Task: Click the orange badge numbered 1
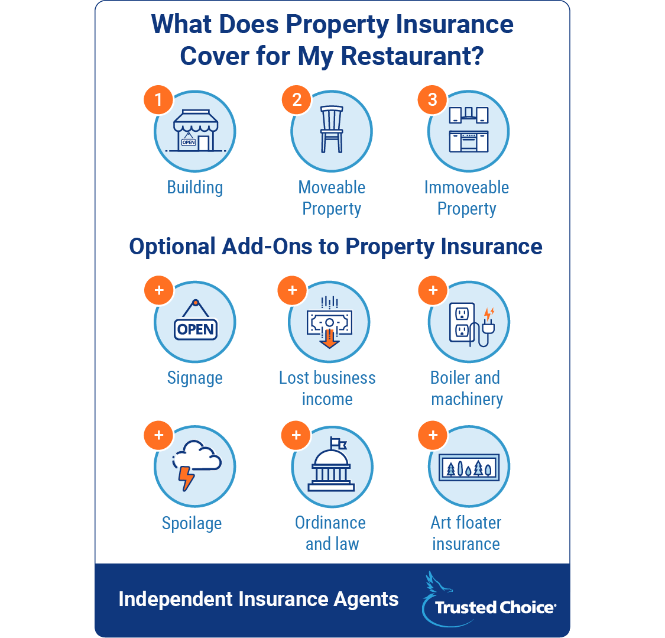point(158,100)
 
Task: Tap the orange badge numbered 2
point(297,100)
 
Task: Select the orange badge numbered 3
point(432,100)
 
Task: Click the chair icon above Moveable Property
point(332,129)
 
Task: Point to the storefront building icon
point(196,131)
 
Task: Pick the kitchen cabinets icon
point(469,129)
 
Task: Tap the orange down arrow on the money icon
point(329,339)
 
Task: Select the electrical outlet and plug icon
point(472,325)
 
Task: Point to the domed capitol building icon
point(331,465)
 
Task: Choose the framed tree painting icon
point(469,467)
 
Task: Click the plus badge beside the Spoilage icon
point(158,435)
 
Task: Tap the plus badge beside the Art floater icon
point(433,435)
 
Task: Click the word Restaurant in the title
point(412,56)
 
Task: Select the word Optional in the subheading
point(173,247)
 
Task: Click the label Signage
point(194,378)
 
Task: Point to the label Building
point(194,187)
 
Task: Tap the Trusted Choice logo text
point(495,607)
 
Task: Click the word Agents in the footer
point(366,600)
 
